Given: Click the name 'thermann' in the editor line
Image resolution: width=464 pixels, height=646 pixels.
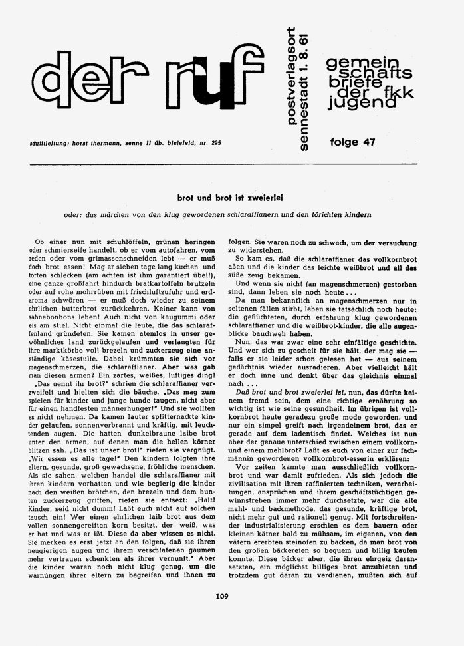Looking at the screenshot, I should [92, 144].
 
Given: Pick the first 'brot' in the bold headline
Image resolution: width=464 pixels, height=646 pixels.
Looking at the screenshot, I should [185, 198].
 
